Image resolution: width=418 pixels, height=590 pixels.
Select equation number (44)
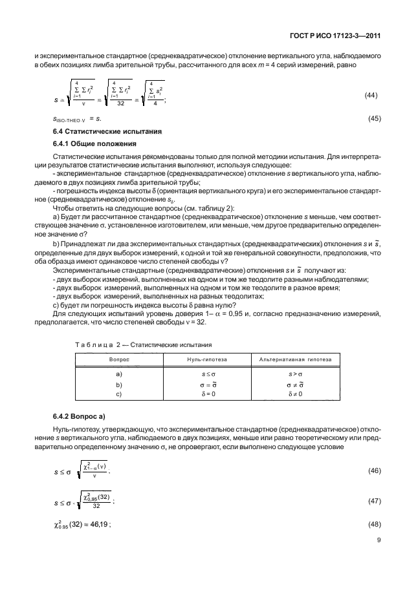[x=372, y=95]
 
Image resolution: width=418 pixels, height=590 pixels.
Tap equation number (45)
[x=372, y=119]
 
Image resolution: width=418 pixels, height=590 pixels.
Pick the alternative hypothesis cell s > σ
[x=295, y=374]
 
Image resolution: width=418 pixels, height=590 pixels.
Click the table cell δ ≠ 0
[x=295, y=393]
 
